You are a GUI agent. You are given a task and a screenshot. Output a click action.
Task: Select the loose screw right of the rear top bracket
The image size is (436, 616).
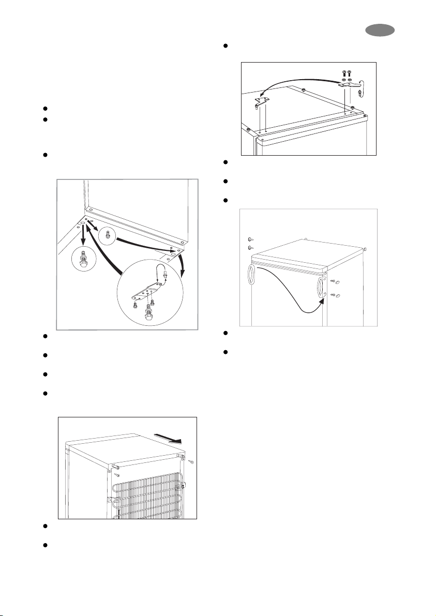click(192, 463)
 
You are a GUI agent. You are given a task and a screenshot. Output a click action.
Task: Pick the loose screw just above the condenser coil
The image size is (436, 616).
click(118, 474)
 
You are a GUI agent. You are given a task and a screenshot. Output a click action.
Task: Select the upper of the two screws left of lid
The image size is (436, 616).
click(250, 239)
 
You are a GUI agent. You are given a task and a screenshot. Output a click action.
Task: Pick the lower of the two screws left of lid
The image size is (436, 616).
click(250, 248)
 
